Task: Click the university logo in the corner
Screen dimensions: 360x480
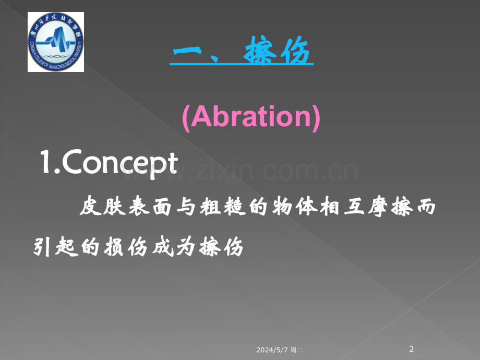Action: (x=56, y=42)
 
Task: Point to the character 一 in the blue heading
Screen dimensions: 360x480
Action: (x=190, y=52)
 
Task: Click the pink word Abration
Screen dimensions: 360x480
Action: (x=251, y=117)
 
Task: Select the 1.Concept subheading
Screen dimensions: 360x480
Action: (x=109, y=164)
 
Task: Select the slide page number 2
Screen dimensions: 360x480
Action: (x=412, y=349)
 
